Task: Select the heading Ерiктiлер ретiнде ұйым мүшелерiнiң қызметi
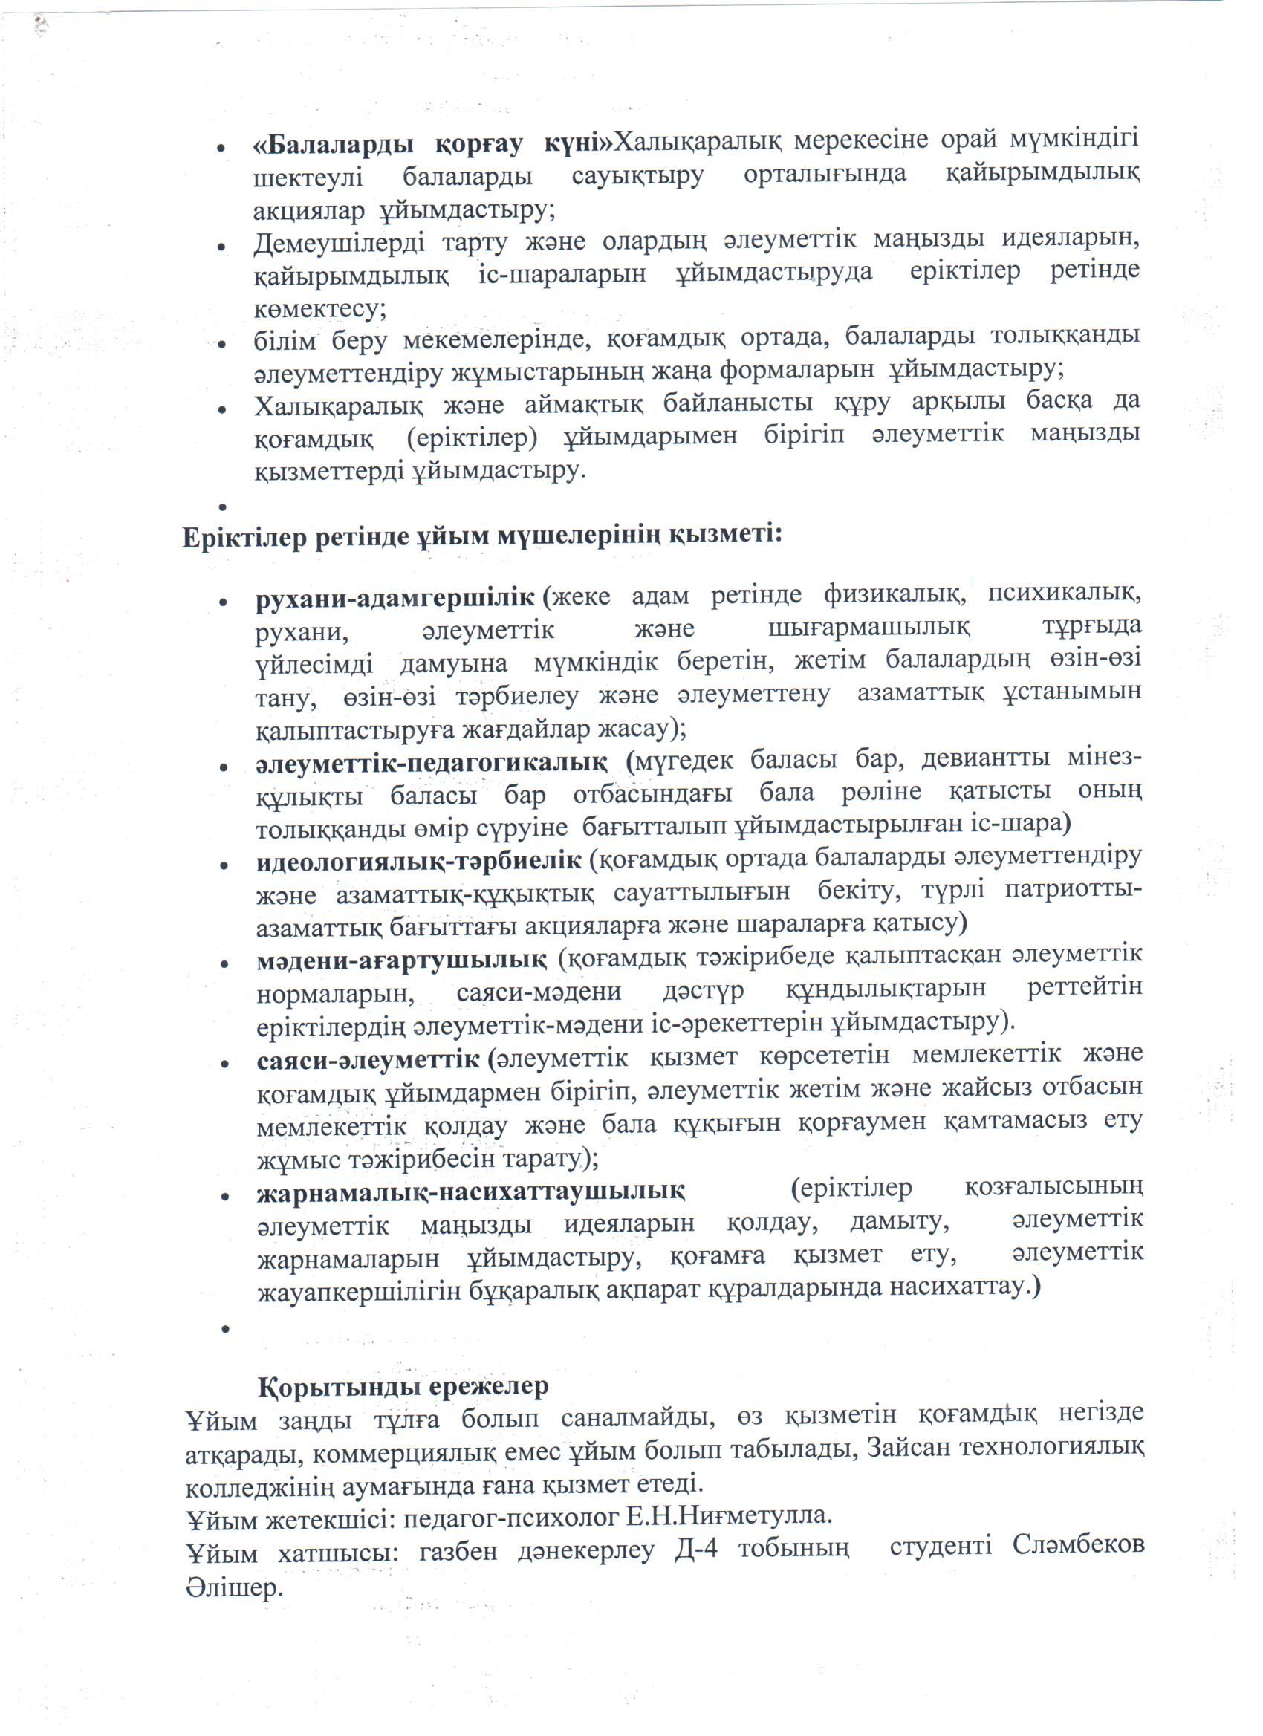[482, 535]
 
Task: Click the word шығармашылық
[868, 628]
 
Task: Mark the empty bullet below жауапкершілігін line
[226, 1330]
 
